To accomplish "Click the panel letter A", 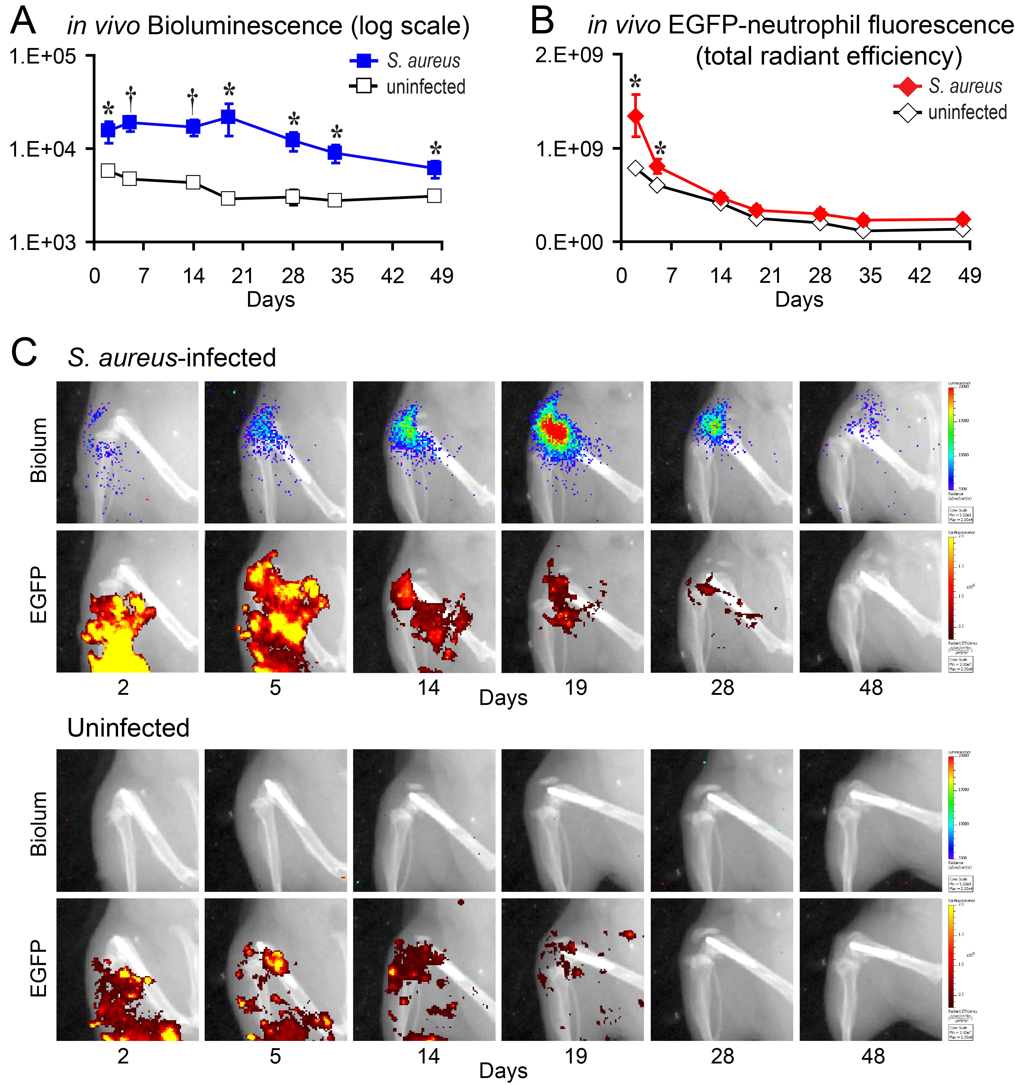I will (x=23, y=22).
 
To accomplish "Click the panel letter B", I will (x=543, y=22).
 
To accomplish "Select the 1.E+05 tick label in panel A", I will (x=42, y=56).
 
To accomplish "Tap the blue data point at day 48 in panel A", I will (x=434, y=168).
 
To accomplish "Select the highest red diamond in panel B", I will (x=635, y=116).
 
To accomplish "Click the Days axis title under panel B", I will (x=799, y=300).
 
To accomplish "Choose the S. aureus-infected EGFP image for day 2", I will (x=127, y=601).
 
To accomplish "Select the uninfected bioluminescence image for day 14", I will (x=424, y=820).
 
